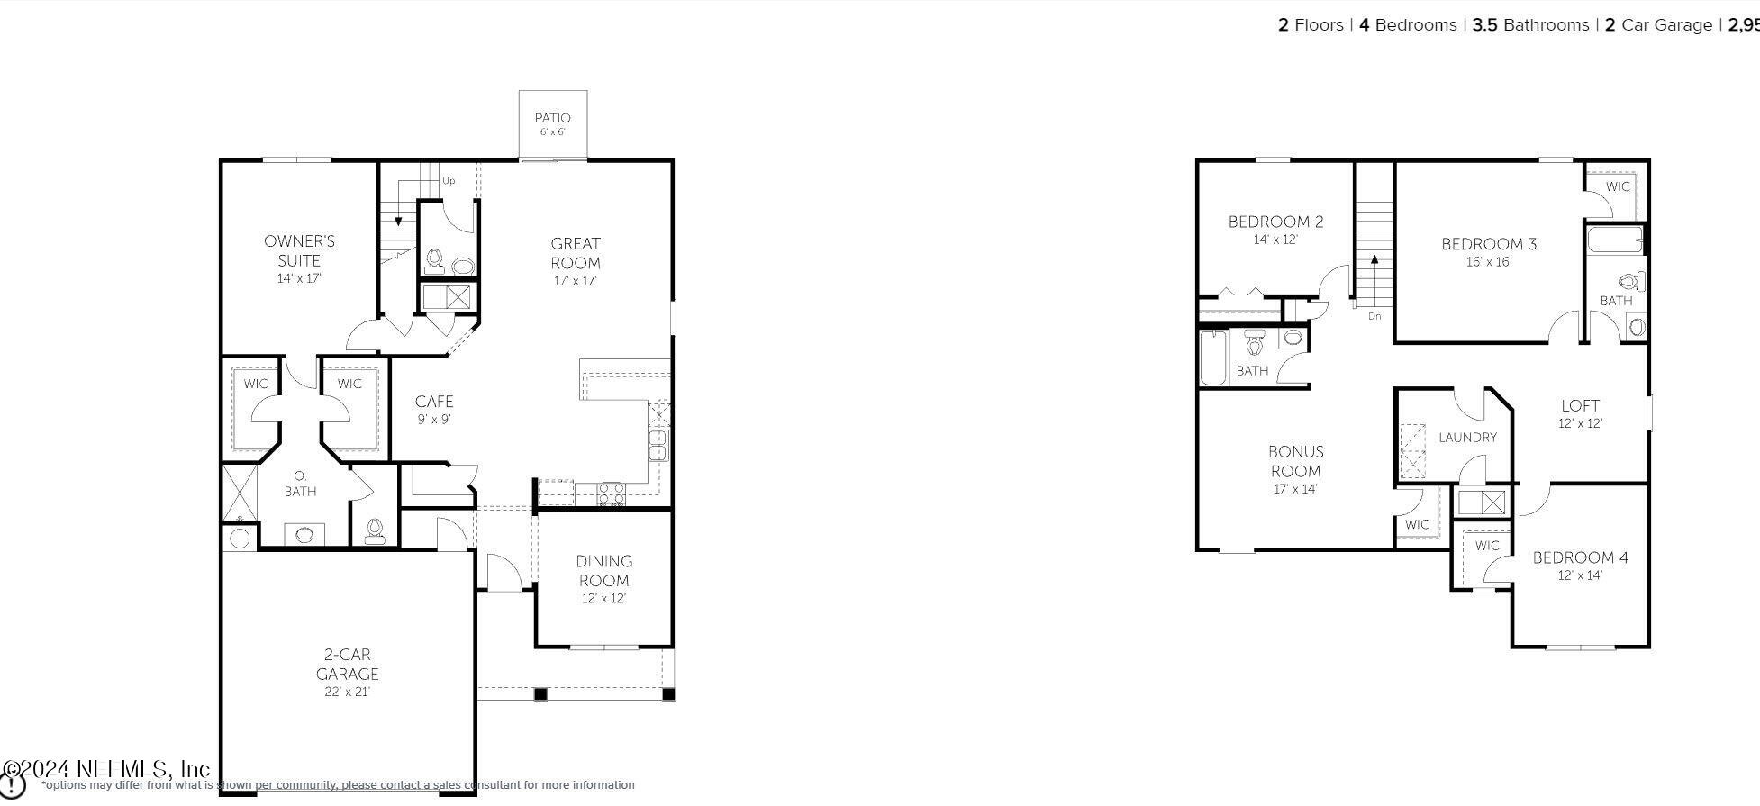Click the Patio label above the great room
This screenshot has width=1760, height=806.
552,118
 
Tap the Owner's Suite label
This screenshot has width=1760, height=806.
299,250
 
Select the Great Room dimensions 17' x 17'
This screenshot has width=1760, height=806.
575,281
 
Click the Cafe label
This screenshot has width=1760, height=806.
433,402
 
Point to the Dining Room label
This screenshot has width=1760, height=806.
603,571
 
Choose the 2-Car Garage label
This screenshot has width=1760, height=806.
347,665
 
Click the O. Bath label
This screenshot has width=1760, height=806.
300,484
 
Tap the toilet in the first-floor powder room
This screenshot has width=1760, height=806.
435,260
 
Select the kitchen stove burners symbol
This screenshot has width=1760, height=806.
612,494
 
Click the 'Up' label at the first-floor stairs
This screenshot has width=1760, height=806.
449,181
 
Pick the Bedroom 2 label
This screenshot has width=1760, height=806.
1275,222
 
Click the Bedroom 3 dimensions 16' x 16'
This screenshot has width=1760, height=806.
1488,262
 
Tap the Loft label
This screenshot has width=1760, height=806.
1580,406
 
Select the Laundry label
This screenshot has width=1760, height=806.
1467,438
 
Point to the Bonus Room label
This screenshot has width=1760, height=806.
1295,461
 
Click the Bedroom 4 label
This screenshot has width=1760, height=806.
1580,557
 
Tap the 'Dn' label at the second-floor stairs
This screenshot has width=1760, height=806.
1374,316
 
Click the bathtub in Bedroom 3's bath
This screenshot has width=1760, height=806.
1614,240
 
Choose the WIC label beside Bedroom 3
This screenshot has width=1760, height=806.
1618,187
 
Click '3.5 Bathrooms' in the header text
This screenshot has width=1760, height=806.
1530,25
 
